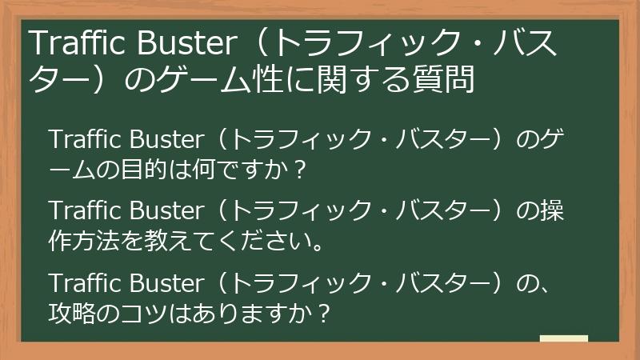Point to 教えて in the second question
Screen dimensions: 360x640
click(164, 239)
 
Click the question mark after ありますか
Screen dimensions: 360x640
click(322, 310)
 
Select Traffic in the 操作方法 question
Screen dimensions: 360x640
click(82, 212)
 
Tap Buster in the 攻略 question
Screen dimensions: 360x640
click(164, 282)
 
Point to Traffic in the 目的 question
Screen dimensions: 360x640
click(82, 142)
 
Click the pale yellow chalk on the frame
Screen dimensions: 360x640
click(563, 338)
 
